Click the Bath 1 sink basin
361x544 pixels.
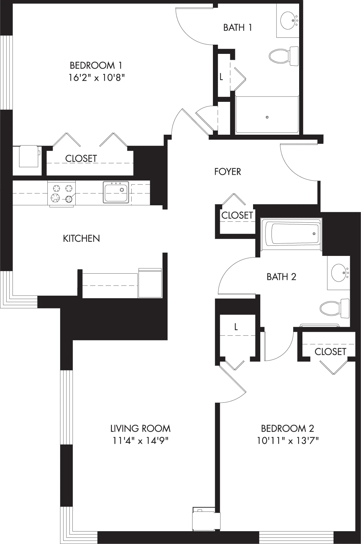click(288, 20)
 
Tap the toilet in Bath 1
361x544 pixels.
click(283, 56)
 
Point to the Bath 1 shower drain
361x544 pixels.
click(267, 117)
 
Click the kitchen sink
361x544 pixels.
click(116, 192)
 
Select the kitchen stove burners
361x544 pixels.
click(62, 193)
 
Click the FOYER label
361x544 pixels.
click(228, 172)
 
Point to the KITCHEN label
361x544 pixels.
click(82, 238)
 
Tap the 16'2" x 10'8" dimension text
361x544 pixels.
click(97, 78)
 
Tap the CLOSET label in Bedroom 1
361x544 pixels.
click(81, 159)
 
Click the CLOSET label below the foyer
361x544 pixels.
click(237, 215)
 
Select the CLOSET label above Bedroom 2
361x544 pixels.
click(330, 351)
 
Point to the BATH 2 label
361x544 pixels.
click(281, 277)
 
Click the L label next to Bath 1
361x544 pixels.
click(221, 77)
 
